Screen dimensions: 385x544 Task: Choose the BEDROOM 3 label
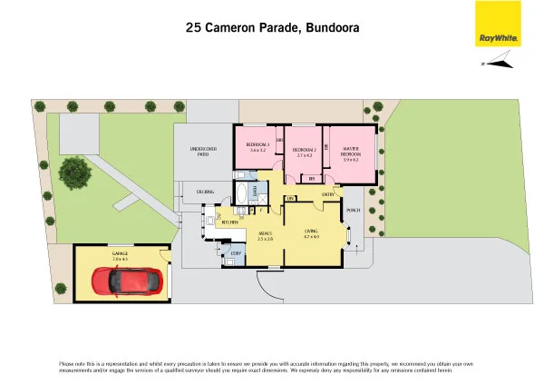(x=257, y=146)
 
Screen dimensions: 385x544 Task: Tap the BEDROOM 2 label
(x=304, y=152)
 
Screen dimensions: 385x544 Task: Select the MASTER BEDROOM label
(x=352, y=152)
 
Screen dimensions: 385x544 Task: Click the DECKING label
(x=205, y=192)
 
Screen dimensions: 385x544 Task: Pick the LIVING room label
(x=311, y=233)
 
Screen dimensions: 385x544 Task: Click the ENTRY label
(x=327, y=194)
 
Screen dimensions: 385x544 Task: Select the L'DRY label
(x=236, y=252)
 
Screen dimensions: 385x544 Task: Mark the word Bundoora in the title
(x=330, y=28)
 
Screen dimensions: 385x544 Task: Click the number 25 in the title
(x=193, y=28)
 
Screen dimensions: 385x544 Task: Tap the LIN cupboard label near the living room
(x=290, y=198)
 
